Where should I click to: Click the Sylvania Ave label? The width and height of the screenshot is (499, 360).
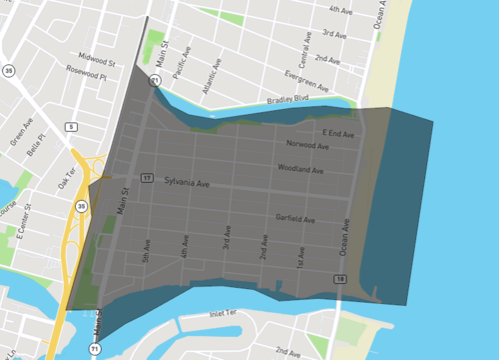click(x=188, y=184)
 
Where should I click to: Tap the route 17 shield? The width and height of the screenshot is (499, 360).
click(x=146, y=178)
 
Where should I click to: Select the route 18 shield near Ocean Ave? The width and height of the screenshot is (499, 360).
click(x=340, y=278)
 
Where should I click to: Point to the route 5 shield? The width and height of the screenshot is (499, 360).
click(x=70, y=126)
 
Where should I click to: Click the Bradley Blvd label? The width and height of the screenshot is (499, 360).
click(x=287, y=100)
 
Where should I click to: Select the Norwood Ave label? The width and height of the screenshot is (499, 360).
click(x=305, y=145)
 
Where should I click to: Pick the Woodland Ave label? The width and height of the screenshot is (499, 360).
click(x=300, y=170)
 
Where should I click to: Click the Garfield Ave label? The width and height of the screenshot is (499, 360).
click(x=296, y=219)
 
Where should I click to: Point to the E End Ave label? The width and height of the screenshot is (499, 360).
click(x=338, y=133)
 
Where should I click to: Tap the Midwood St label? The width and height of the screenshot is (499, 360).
click(x=96, y=61)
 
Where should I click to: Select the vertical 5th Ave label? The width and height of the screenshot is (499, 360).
click(x=146, y=249)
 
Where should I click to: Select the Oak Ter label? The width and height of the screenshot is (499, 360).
click(x=67, y=177)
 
